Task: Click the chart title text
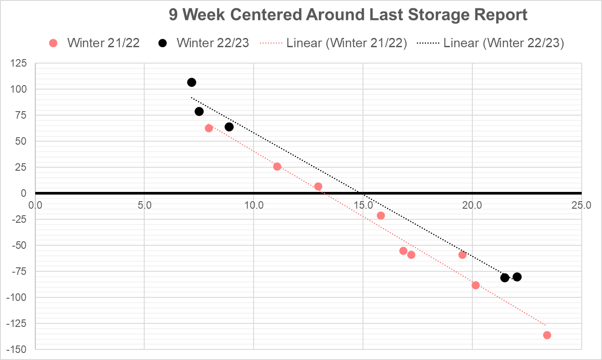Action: click(x=348, y=15)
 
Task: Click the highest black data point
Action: click(x=191, y=82)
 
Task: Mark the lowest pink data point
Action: click(x=547, y=335)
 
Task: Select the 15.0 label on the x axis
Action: click(x=363, y=205)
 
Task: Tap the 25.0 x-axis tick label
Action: click(x=581, y=205)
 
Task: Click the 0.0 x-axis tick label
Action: click(x=35, y=205)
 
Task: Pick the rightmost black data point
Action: click(x=517, y=277)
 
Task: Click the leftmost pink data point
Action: click(x=209, y=128)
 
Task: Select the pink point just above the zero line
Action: click(x=318, y=187)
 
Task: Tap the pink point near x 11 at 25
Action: click(x=277, y=167)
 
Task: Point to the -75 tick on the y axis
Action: click(x=19, y=271)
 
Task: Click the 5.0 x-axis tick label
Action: click(x=145, y=205)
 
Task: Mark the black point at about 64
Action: click(x=229, y=127)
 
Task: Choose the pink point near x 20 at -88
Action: click(x=475, y=285)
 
